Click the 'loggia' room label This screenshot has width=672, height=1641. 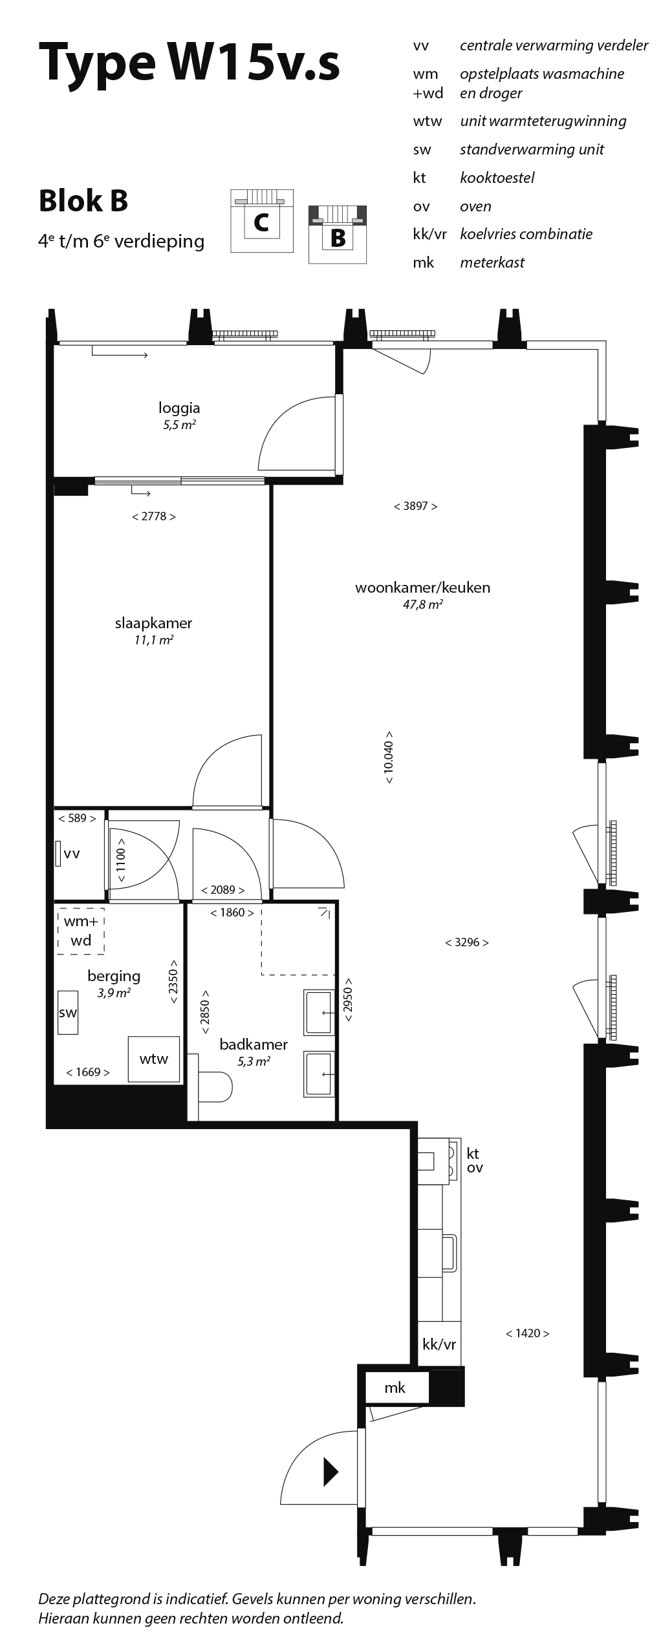tap(179, 408)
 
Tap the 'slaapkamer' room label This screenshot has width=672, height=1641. tap(153, 623)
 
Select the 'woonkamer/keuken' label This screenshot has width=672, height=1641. tap(422, 588)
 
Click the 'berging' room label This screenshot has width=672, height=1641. tap(114, 977)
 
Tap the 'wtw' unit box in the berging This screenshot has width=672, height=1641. tap(153, 1059)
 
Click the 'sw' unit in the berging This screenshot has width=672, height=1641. tap(68, 1013)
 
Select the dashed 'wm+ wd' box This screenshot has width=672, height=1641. tap(81, 931)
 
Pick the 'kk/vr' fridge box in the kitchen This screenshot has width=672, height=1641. tap(439, 1345)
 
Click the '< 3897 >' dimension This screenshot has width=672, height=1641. tap(415, 506)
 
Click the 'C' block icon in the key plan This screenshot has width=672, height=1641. tap(261, 221)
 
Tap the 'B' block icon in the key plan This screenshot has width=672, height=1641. tap(338, 235)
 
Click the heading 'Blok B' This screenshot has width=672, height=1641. tap(83, 201)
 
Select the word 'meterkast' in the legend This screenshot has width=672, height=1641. tap(492, 262)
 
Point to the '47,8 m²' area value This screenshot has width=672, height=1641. tap(422, 606)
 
